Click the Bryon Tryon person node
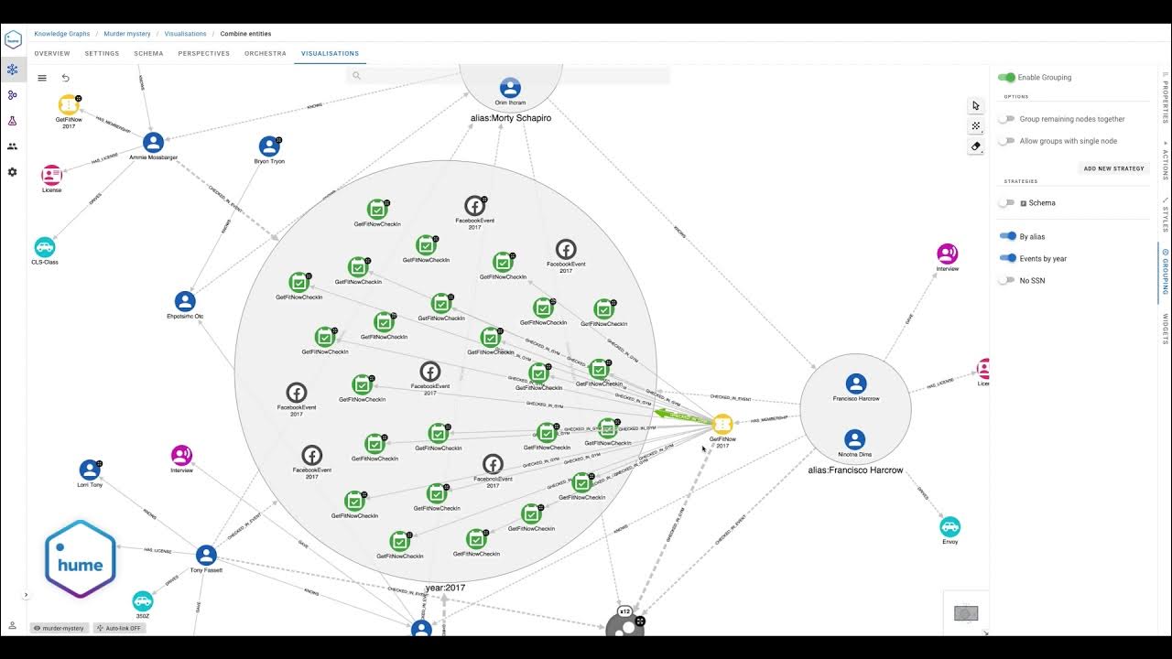[x=269, y=146]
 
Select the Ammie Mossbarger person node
[x=153, y=142]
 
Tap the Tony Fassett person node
[x=206, y=555]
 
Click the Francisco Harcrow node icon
[x=856, y=384]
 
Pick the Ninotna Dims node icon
[x=854, y=439]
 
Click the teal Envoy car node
[x=950, y=526]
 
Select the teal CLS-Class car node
[x=45, y=247]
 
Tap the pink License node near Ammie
[x=51, y=175]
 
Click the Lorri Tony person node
[x=90, y=470]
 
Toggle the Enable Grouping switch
[x=1007, y=78]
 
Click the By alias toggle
[x=1007, y=236]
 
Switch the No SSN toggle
[x=1007, y=280]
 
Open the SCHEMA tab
[x=148, y=54]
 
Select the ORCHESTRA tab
[x=266, y=54]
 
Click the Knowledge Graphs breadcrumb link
[x=62, y=34]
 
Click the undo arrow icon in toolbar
[x=65, y=78]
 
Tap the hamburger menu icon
[x=42, y=78]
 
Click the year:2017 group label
[x=445, y=588]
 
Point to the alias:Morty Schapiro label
[x=510, y=118]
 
